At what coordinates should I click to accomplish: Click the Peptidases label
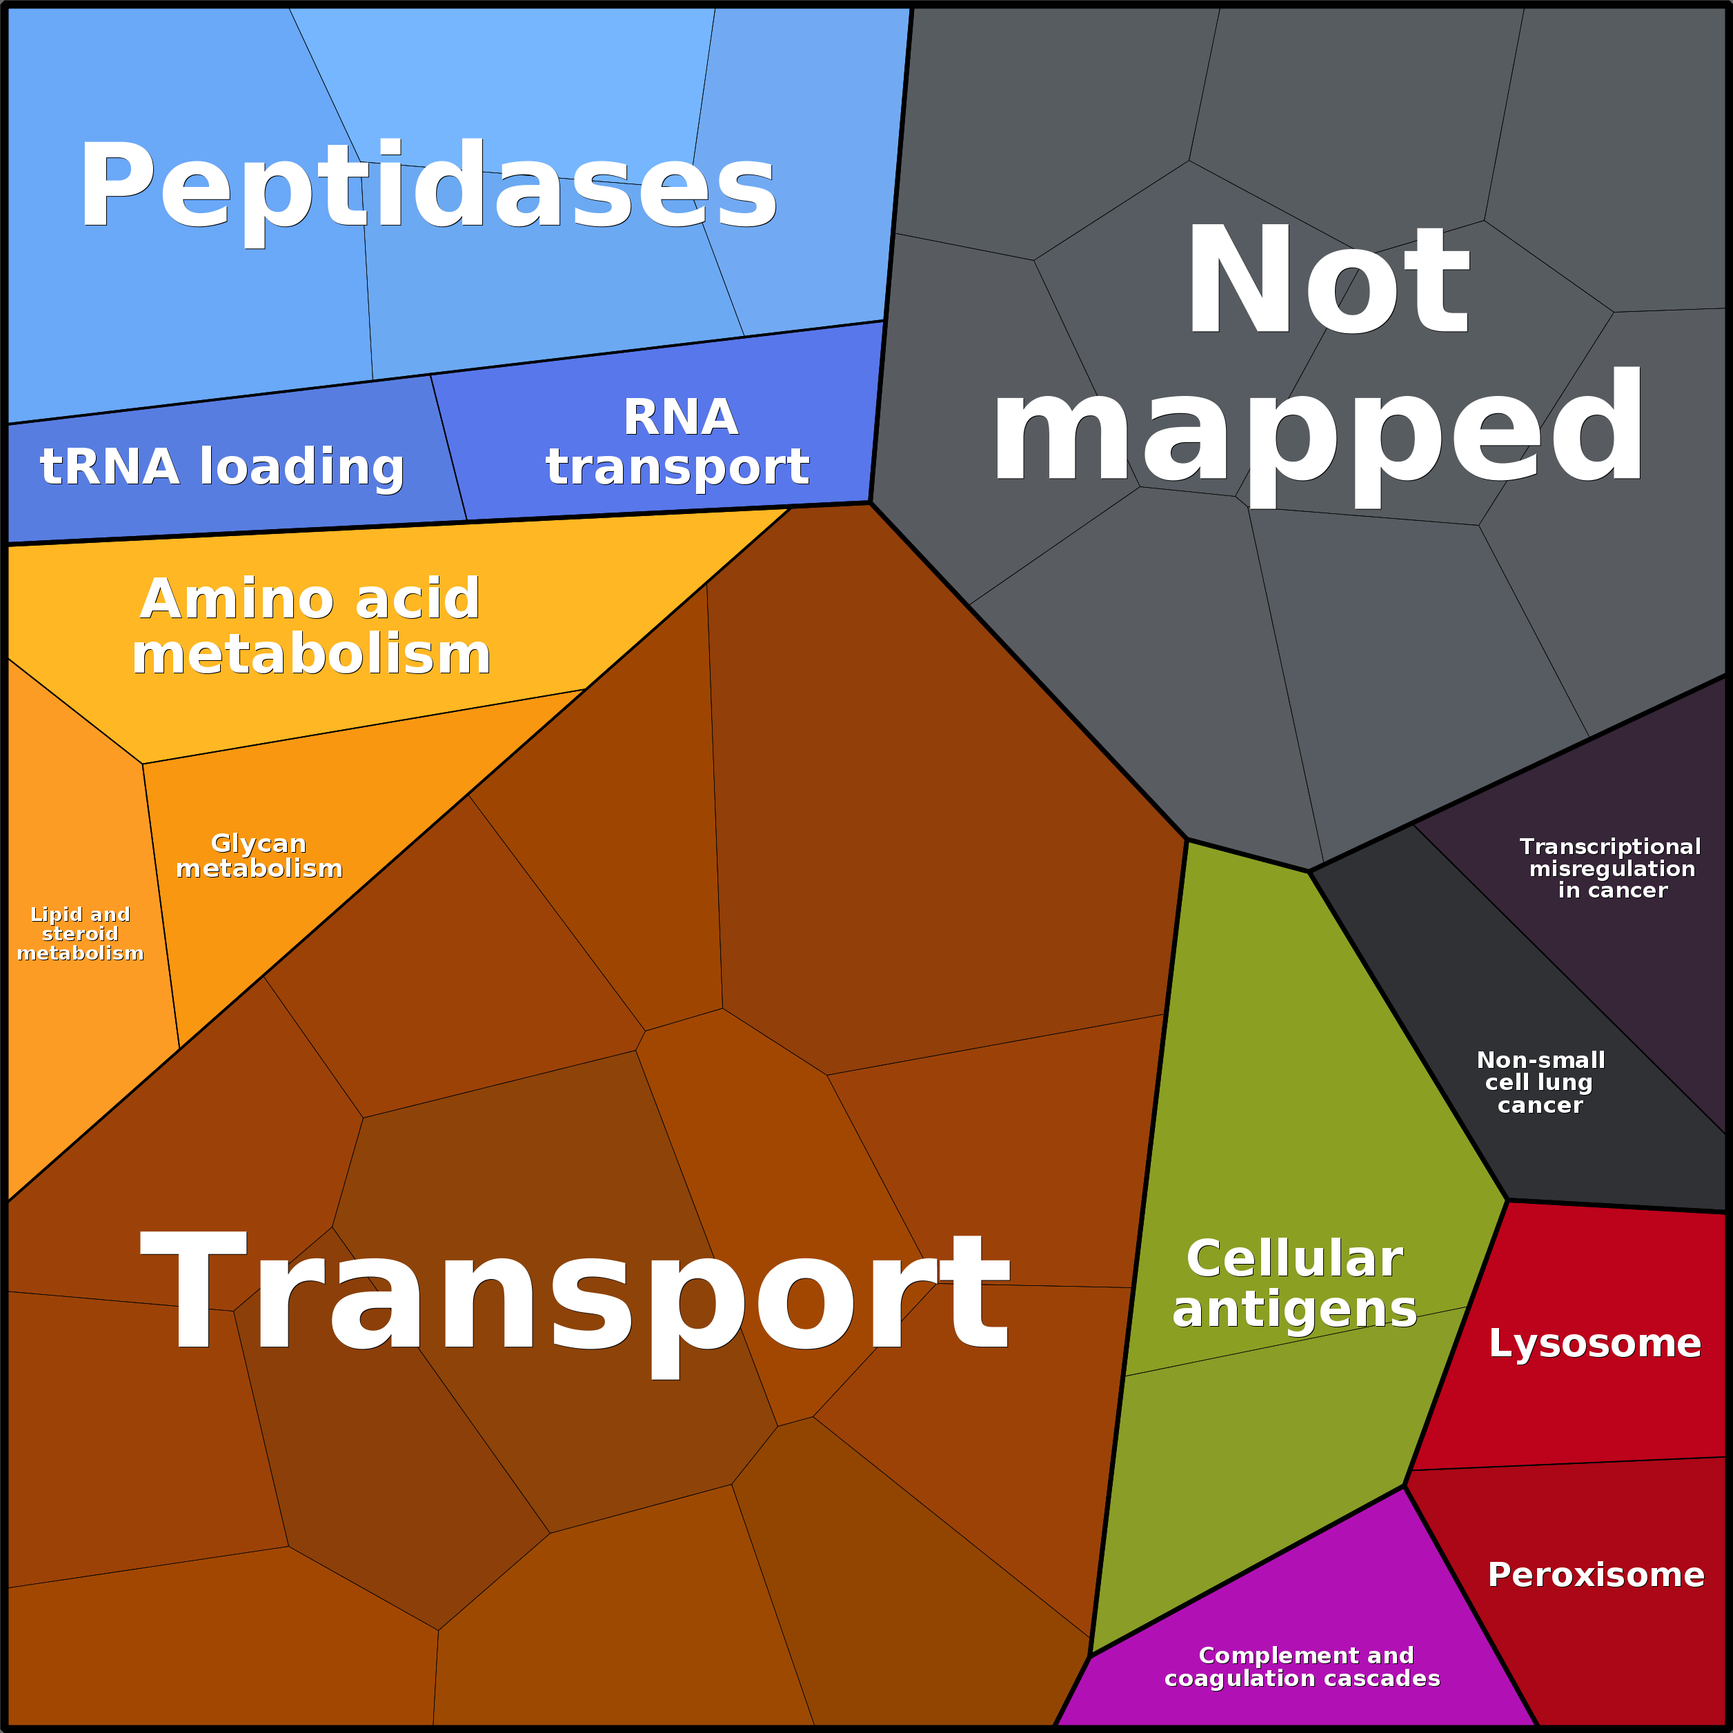click(x=427, y=186)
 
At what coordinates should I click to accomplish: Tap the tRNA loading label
click(x=221, y=466)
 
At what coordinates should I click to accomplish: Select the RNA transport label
click(x=678, y=442)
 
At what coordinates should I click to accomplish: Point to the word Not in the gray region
click(x=1327, y=280)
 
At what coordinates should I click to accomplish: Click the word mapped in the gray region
click(x=1317, y=428)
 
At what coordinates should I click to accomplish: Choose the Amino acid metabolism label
click(x=310, y=626)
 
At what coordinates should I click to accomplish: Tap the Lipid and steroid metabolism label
click(x=80, y=934)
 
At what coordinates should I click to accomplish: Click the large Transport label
click(x=574, y=1291)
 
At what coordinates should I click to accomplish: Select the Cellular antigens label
click(x=1294, y=1284)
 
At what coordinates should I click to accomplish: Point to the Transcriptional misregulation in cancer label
click(x=1612, y=869)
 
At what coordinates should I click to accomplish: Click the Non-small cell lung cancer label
click(x=1540, y=1082)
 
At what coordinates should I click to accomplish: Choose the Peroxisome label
click(x=1596, y=1575)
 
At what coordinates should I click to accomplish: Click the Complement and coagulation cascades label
click(x=1303, y=1667)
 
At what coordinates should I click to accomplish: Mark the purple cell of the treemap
click(x=1300, y=1614)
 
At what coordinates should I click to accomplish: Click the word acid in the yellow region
click(x=417, y=600)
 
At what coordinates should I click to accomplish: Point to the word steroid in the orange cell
click(x=80, y=934)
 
